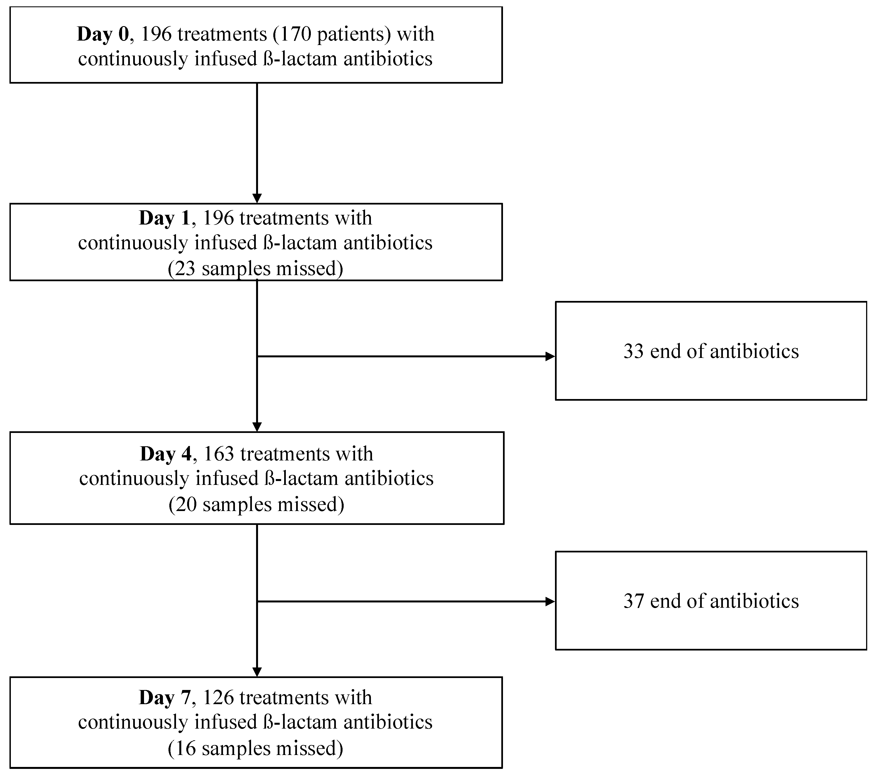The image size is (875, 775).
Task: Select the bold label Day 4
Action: pos(166,454)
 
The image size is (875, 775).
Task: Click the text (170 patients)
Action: pos(332,34)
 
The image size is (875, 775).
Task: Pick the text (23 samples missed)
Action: pos(256,269)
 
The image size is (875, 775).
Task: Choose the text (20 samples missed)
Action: pos(256,505)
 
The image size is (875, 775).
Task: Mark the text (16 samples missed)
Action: pos(256,749)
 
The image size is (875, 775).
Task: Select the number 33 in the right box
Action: pos(634,351)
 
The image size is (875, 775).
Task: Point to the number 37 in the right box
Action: pos(634,601)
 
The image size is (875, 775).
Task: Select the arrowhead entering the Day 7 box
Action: pos(257,672)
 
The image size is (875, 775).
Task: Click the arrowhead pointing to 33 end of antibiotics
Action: pos(550,357)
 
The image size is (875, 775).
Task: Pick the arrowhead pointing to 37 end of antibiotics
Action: pos(550,602)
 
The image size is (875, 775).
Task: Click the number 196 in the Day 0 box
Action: pos(156,34)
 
